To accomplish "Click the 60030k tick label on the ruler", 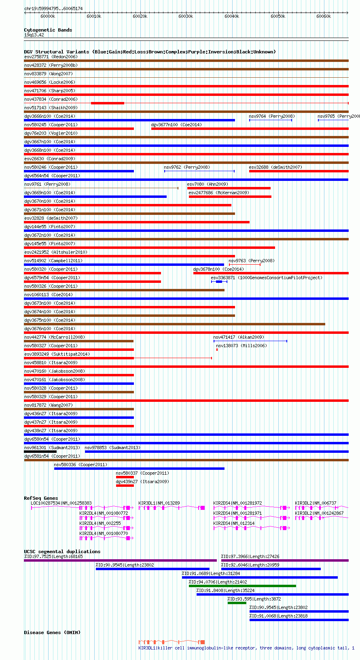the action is (x=186, y=16).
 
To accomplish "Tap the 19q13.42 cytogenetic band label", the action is (x=34, y=35).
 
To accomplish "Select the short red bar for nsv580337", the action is (x=125, y=477).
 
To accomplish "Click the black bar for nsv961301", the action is (x=40, y=451).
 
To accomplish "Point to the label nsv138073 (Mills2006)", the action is (x=241, y=346).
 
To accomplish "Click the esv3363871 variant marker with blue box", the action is (x=219, y=282).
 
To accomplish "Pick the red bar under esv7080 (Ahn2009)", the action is (x=229, y=188).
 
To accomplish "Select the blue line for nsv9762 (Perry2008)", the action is (x=199, y=171).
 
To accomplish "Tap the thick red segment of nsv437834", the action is (x=108, y=103).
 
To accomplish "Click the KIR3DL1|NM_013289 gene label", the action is (x=159, y=503).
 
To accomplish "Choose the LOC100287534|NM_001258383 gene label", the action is (x=61, y=503).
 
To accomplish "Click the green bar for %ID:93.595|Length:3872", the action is (x=237, y=603).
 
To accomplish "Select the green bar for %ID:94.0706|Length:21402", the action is (x=242, y=586).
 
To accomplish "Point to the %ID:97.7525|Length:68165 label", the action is (x=53, y=556).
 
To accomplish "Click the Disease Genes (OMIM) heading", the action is (x=52, y=632).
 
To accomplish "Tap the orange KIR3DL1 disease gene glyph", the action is (x=172, y=642).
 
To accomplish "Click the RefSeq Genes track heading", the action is (x=41, y=498).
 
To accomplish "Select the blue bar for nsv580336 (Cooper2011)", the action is (x=139, y=469).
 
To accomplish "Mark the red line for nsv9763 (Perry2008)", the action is (x=245, y=265).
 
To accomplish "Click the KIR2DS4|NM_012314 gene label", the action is (x=234, y=523).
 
